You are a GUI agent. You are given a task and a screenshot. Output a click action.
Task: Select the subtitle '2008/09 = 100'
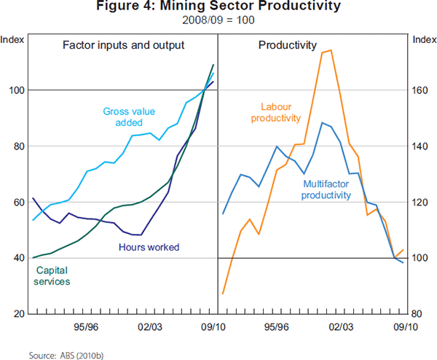(x=219, y=20)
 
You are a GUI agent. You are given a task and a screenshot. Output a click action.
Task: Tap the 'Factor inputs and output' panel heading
(x=122, y=45)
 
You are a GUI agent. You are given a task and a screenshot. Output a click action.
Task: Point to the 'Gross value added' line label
(x=125, y=117)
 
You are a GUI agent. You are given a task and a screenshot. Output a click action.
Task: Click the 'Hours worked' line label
(x=149, y=247)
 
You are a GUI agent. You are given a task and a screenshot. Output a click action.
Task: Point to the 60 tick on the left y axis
(x=18, y=203)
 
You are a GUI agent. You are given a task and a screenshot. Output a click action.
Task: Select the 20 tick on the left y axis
(x=18, y=314)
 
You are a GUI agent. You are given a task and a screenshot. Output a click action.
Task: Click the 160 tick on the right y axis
(x=422, y=90)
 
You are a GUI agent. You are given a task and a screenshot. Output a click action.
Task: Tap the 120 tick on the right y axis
(x=422, y=203)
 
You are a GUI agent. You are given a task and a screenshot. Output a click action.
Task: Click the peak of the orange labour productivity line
(x=331, y=50)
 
